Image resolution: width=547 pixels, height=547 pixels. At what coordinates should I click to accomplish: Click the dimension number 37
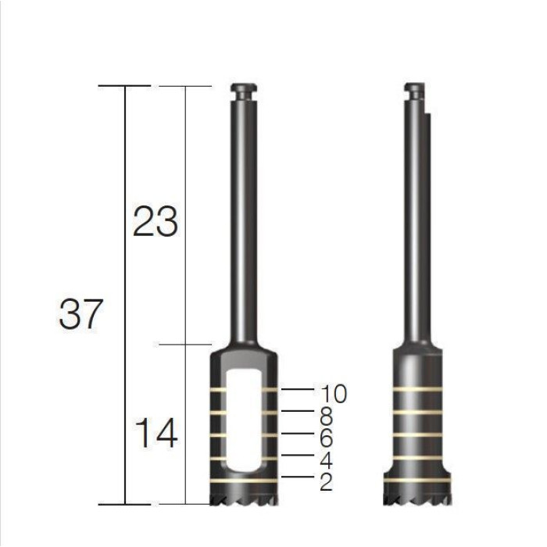click(81, 314)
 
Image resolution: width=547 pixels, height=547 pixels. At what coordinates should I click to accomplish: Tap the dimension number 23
click(156, 221)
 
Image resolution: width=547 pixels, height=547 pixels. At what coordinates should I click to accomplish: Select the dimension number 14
click(156, 433)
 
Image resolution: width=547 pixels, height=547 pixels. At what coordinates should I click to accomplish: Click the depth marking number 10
click(334, 394)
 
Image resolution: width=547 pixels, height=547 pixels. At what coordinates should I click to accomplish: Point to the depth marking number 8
click(326, 416)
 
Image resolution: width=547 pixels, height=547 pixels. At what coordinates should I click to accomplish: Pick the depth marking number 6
click(326, 438)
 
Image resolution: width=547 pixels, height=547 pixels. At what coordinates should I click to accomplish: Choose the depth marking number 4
click(326, 460)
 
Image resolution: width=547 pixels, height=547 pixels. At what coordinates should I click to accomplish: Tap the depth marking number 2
click(326, 482)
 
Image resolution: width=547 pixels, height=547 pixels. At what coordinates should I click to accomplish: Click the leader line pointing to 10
click(298, 389)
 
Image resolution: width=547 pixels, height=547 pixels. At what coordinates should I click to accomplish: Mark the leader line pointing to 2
click(298, 477)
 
